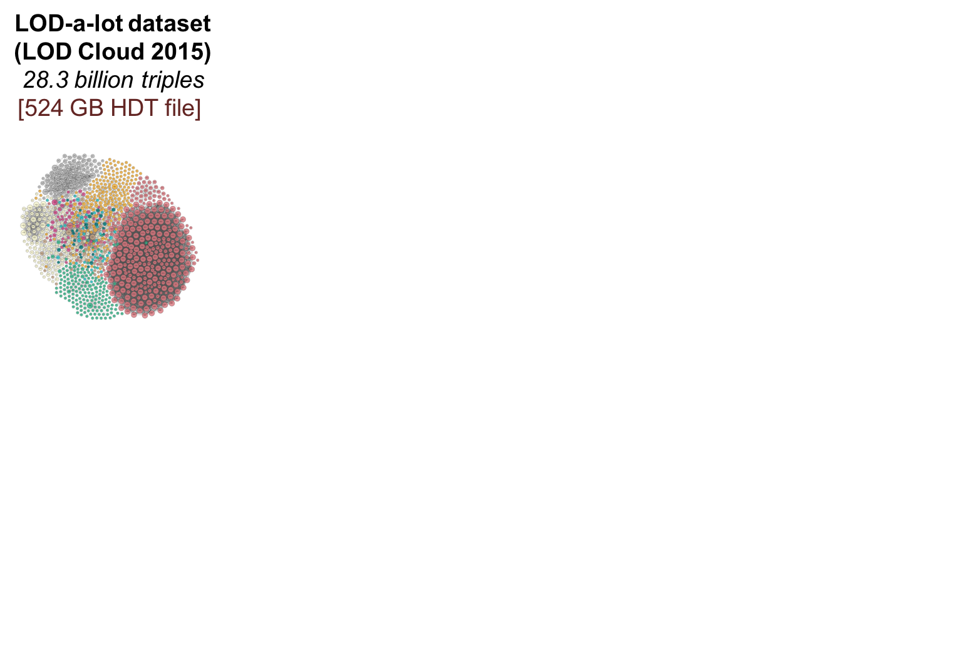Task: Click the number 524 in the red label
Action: (44, 108)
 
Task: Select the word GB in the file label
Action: (86, 108)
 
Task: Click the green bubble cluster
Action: (85, 291)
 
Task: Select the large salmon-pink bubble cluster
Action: (150, 257)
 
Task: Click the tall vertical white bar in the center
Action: (639, 241)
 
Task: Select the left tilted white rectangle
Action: (521, 382)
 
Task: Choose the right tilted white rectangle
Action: (749, 386)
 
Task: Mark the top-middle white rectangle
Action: (645, 51)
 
